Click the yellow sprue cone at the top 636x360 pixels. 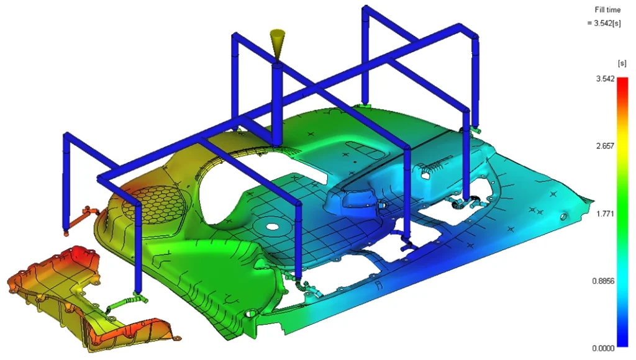coord(277,45)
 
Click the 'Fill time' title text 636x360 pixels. coord(607,10)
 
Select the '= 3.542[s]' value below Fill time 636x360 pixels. coord(604,24)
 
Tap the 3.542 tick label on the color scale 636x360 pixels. coord(605,79)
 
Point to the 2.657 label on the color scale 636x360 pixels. coord(605,146)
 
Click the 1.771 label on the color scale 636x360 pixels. coord(605,214)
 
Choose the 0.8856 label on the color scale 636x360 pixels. coord(603,281)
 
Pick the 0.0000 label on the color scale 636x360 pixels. coord(603,348)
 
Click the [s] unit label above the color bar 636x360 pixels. coord(622,63)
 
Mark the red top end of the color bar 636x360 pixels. coord(622,79)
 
